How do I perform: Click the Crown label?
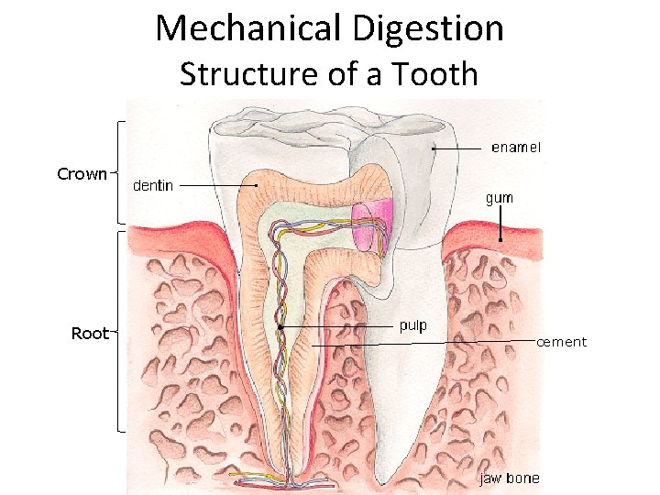click(82, 173)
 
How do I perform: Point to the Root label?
click(90, 334)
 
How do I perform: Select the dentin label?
click(153, 185)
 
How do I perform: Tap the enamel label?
click(516, 147)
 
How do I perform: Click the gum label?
click(499, 198)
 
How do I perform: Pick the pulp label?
click(412, 325)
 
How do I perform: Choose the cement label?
click(561, 342)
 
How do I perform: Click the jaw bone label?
click(511, 478)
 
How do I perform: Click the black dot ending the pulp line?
click(280, 326)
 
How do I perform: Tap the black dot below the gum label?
click(500, 240)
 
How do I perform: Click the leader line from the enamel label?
click(458, 147)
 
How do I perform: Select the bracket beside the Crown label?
click(118, 172)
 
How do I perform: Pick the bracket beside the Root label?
click(119, 330)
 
